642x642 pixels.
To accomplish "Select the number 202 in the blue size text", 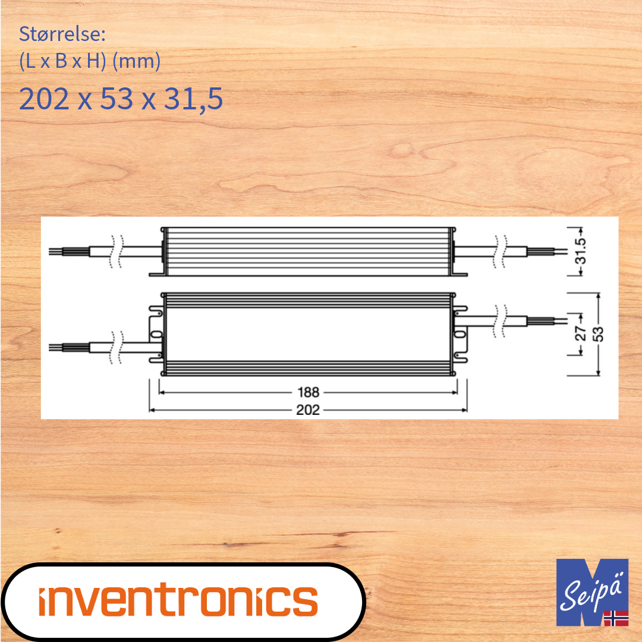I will tap(44, 99).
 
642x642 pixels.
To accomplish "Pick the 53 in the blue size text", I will tap(117, 99).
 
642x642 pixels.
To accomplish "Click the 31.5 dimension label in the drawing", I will tap(581, 251).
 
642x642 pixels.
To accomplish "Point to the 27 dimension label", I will tap(581, 333).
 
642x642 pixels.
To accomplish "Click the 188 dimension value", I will tap(308, 392).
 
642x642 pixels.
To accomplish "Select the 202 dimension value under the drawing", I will tap(308, 410).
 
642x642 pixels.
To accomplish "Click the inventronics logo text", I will tap(178, 600).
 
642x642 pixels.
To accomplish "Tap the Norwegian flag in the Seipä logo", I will tap(616, 618).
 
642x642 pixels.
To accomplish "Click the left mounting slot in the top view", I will tap(156, 335).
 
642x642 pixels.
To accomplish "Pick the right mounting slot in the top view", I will tap(460, 335).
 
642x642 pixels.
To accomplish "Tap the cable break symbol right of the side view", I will tap(501, 251).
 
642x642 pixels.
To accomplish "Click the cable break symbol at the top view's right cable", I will tap(501, 322).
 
